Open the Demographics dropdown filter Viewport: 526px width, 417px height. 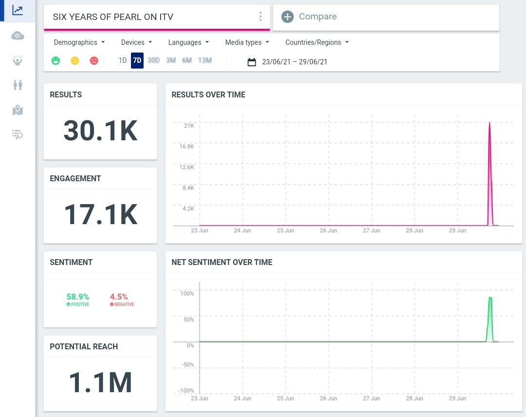(79, 42)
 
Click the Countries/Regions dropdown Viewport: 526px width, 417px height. (317, 42)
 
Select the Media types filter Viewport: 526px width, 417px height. (247, 42)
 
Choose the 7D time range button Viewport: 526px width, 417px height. (137, 61)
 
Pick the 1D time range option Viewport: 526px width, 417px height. (122, 61)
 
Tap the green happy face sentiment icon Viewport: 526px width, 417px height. (56, 61)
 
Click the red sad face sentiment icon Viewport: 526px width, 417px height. (94, 61)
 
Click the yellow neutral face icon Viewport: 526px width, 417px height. (75, 61)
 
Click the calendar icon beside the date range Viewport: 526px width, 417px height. (252, 62)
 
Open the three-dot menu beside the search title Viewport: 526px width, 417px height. (261, 17)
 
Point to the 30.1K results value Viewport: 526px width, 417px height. (100, 131)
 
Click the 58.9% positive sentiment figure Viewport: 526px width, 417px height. (78, 297)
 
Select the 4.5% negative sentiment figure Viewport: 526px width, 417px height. (119, 297)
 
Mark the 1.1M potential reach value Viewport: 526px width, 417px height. (100, 382)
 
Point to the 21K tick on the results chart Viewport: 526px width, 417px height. (189, 126)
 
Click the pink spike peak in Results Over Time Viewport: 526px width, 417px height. (489, 123)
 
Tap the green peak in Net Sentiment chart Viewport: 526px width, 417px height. (490, 298)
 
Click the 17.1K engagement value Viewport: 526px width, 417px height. (100, 214)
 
